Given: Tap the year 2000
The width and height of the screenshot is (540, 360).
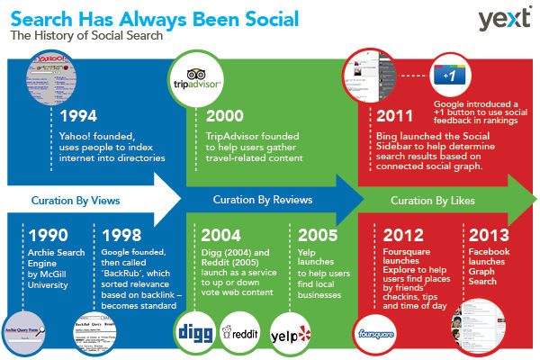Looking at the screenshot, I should [225, 116].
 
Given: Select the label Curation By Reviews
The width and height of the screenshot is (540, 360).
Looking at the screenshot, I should [256, 199].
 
